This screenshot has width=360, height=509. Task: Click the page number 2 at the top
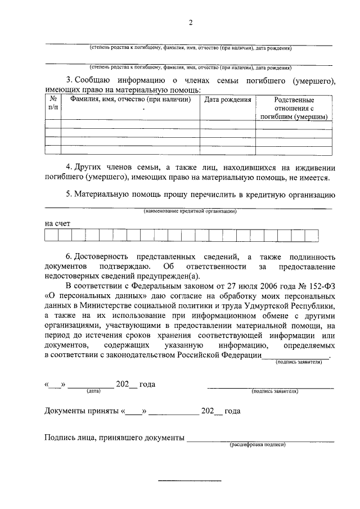point(191,23)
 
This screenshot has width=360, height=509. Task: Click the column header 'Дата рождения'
point(227,100)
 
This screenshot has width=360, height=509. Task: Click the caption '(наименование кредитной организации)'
point(190,211)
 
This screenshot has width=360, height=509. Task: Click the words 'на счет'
point(57,223)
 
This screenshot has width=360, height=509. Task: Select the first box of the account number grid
point(52,235)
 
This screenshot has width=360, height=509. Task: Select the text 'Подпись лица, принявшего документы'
point(114,438)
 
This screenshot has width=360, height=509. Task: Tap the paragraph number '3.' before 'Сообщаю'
point(69,81)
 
